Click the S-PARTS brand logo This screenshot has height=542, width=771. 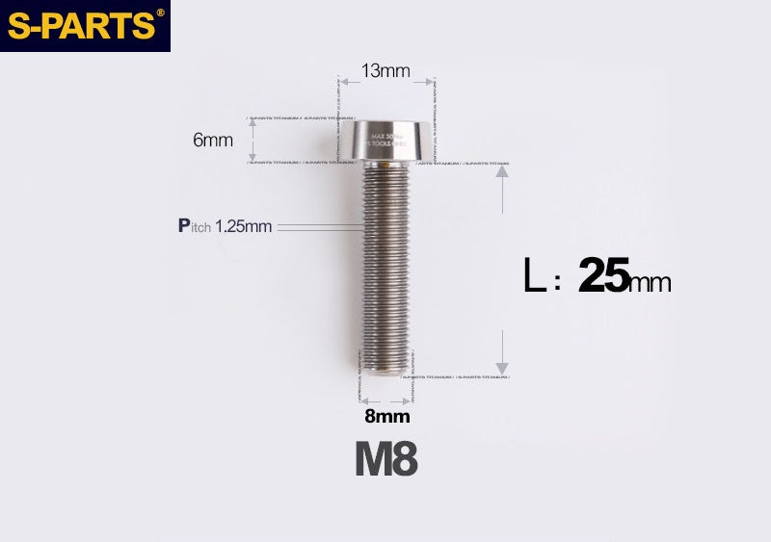(x=81, y=26)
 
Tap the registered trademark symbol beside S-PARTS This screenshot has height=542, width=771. (x=160, y=13)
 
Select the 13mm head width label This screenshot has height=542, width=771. (x=385, y=70)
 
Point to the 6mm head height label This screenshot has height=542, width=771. (x=213, y=140)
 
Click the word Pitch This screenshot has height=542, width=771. (x=195, y=226)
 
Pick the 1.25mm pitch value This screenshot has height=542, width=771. (x=244, y=227)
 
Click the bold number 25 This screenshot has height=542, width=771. (x=603, y=277)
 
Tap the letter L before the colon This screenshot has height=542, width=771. (x=534, y=277)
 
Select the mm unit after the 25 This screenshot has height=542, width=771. (x=651, y=282)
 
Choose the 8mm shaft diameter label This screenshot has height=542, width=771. (x=386, y=417)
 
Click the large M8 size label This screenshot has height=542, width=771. (x=385, y=460)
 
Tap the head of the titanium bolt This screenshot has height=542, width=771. (x=385, y=141)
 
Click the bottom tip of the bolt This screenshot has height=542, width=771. (x=385, y=371)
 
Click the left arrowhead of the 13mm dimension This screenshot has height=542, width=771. (x=344, y=83)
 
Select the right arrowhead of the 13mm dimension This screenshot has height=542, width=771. (x=428, y=83)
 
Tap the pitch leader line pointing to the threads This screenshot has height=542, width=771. (x=318, y=227)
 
